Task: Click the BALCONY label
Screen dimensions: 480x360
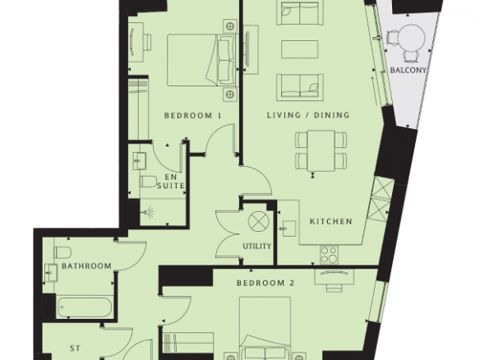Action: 408,70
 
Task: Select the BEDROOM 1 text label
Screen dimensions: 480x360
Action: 192,115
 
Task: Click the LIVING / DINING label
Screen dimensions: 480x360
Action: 308,115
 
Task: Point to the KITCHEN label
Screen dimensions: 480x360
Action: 331,221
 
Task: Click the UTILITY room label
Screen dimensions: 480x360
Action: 257,246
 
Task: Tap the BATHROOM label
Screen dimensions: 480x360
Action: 86,265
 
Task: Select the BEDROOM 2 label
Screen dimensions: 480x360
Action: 265,283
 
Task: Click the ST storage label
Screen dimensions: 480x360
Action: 75,348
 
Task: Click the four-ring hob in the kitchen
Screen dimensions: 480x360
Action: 330,255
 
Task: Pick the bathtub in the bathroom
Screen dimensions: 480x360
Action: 84,307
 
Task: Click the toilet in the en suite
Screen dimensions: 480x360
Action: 149,182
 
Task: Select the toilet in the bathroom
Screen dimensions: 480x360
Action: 62,252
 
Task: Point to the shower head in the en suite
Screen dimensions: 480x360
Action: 149,211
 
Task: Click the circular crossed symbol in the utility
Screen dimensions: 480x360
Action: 258,221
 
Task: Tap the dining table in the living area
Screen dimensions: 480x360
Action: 321,150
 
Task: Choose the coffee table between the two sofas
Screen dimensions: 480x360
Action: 300,49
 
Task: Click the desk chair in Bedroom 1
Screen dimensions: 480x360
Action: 147,42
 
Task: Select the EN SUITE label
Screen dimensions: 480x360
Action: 171,181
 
